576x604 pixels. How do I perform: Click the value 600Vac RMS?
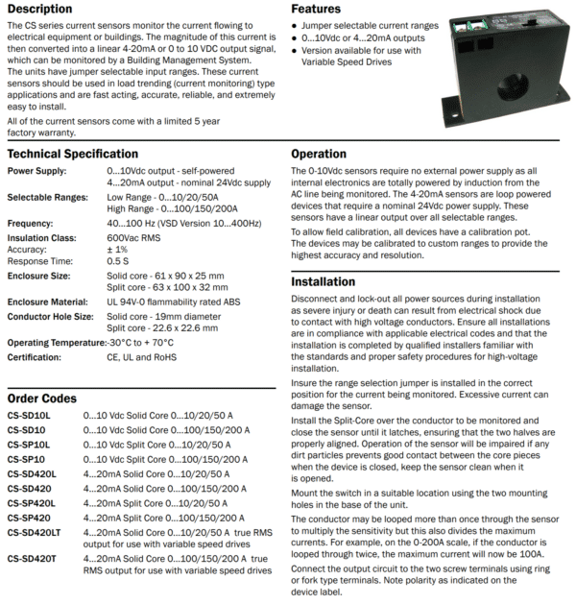pyautogui.click(x=139, y=236)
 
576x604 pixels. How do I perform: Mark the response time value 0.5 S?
pyautogui.click(x=119, y=260)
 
